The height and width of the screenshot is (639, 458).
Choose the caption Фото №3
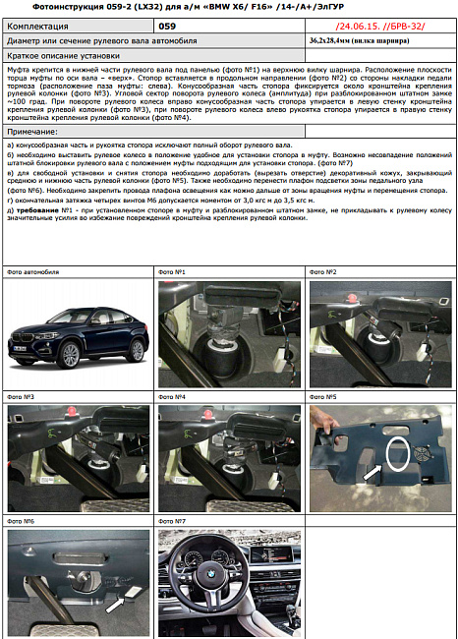click(x=21, y=396)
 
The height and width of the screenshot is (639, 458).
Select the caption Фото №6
click(x=21, y=520)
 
